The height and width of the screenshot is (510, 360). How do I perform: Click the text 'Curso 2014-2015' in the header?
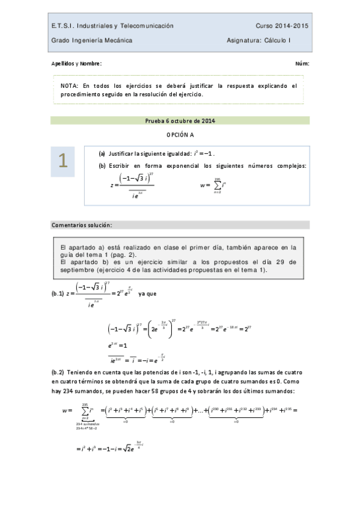(x=282, y=26)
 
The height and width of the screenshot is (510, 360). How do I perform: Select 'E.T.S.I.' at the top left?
(x=62, y=26)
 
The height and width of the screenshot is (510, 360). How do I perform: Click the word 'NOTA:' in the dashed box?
(x=70, y=86)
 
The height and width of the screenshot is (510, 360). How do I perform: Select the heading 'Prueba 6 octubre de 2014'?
(x=180, y=120)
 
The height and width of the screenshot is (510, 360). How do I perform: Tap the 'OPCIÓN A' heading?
(x=180, y=135)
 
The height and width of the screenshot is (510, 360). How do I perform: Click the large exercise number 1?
(x=63, y=161)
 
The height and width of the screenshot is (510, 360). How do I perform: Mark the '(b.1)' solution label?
(x=59, y=294)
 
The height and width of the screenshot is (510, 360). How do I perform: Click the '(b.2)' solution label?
(x=59, y=373)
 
